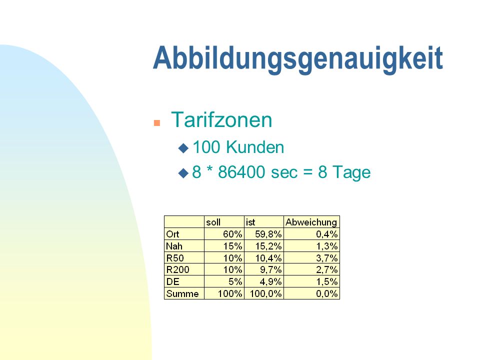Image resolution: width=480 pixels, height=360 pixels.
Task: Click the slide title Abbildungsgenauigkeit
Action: [298, 59]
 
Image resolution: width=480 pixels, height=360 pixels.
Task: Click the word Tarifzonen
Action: [221, 119]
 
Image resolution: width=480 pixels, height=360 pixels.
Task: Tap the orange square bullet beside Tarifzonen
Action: [157, 123]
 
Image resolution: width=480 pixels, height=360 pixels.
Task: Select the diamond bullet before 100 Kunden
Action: [183, 148]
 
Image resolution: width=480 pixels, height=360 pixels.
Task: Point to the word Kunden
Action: [255, 147]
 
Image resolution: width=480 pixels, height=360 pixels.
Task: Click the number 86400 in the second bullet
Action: [241, 172]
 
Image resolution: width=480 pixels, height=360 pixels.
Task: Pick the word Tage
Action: [351, 172]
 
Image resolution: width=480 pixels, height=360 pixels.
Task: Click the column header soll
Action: [213, 222]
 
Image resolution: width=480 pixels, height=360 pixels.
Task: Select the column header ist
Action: [250, 222]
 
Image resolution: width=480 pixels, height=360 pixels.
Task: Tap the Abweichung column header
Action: [311, 222]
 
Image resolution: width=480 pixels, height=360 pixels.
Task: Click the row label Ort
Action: [172, 234]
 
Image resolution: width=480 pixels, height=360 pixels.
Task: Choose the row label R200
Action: [177, 269]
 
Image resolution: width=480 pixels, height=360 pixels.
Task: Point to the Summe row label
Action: [182, 293]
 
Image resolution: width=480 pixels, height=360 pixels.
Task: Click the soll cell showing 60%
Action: [232, 234]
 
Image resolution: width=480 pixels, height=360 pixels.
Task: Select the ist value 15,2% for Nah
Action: [268, 246]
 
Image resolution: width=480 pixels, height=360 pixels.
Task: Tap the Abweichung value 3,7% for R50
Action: [327, 258]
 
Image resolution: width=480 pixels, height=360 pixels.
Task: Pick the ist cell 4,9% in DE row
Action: [270, 281]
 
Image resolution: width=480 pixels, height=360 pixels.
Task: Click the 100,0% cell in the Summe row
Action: [265, 293]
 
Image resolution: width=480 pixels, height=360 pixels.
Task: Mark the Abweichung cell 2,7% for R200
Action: [327, 269]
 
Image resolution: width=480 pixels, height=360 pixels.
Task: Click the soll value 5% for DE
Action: [235, 281]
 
